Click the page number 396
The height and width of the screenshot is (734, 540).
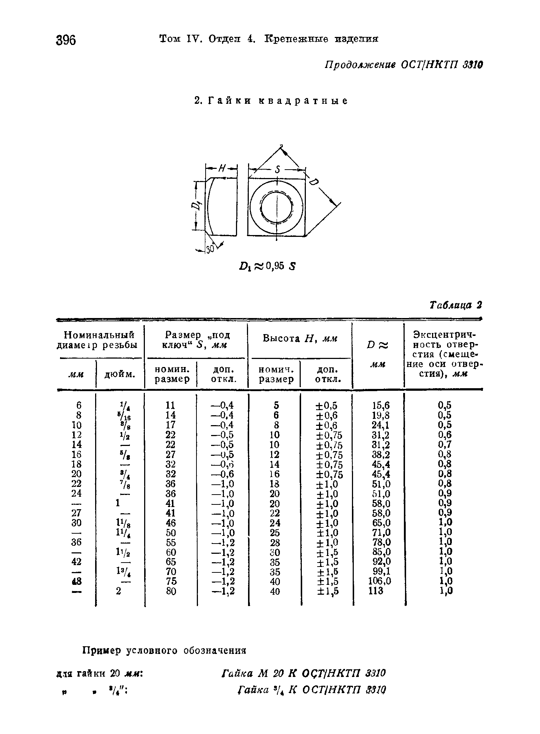66,39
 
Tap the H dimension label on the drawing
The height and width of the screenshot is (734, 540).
222,169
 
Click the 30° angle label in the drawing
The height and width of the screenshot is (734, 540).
210,250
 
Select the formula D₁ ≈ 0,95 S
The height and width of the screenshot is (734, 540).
267,266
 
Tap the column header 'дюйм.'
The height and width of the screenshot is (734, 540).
120,374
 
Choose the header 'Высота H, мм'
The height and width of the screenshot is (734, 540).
300,338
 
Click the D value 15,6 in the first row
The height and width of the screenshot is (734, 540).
381,405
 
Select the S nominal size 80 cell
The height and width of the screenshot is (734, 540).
171,591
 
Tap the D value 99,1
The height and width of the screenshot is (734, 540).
381,571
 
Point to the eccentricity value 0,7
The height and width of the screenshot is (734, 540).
445,444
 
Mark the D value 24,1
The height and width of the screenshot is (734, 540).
381,425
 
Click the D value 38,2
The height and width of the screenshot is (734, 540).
381,454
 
